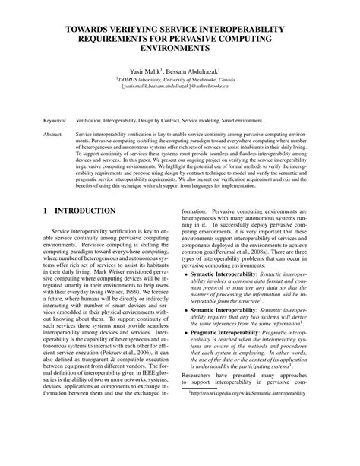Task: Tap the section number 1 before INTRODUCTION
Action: tap(46, 210)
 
